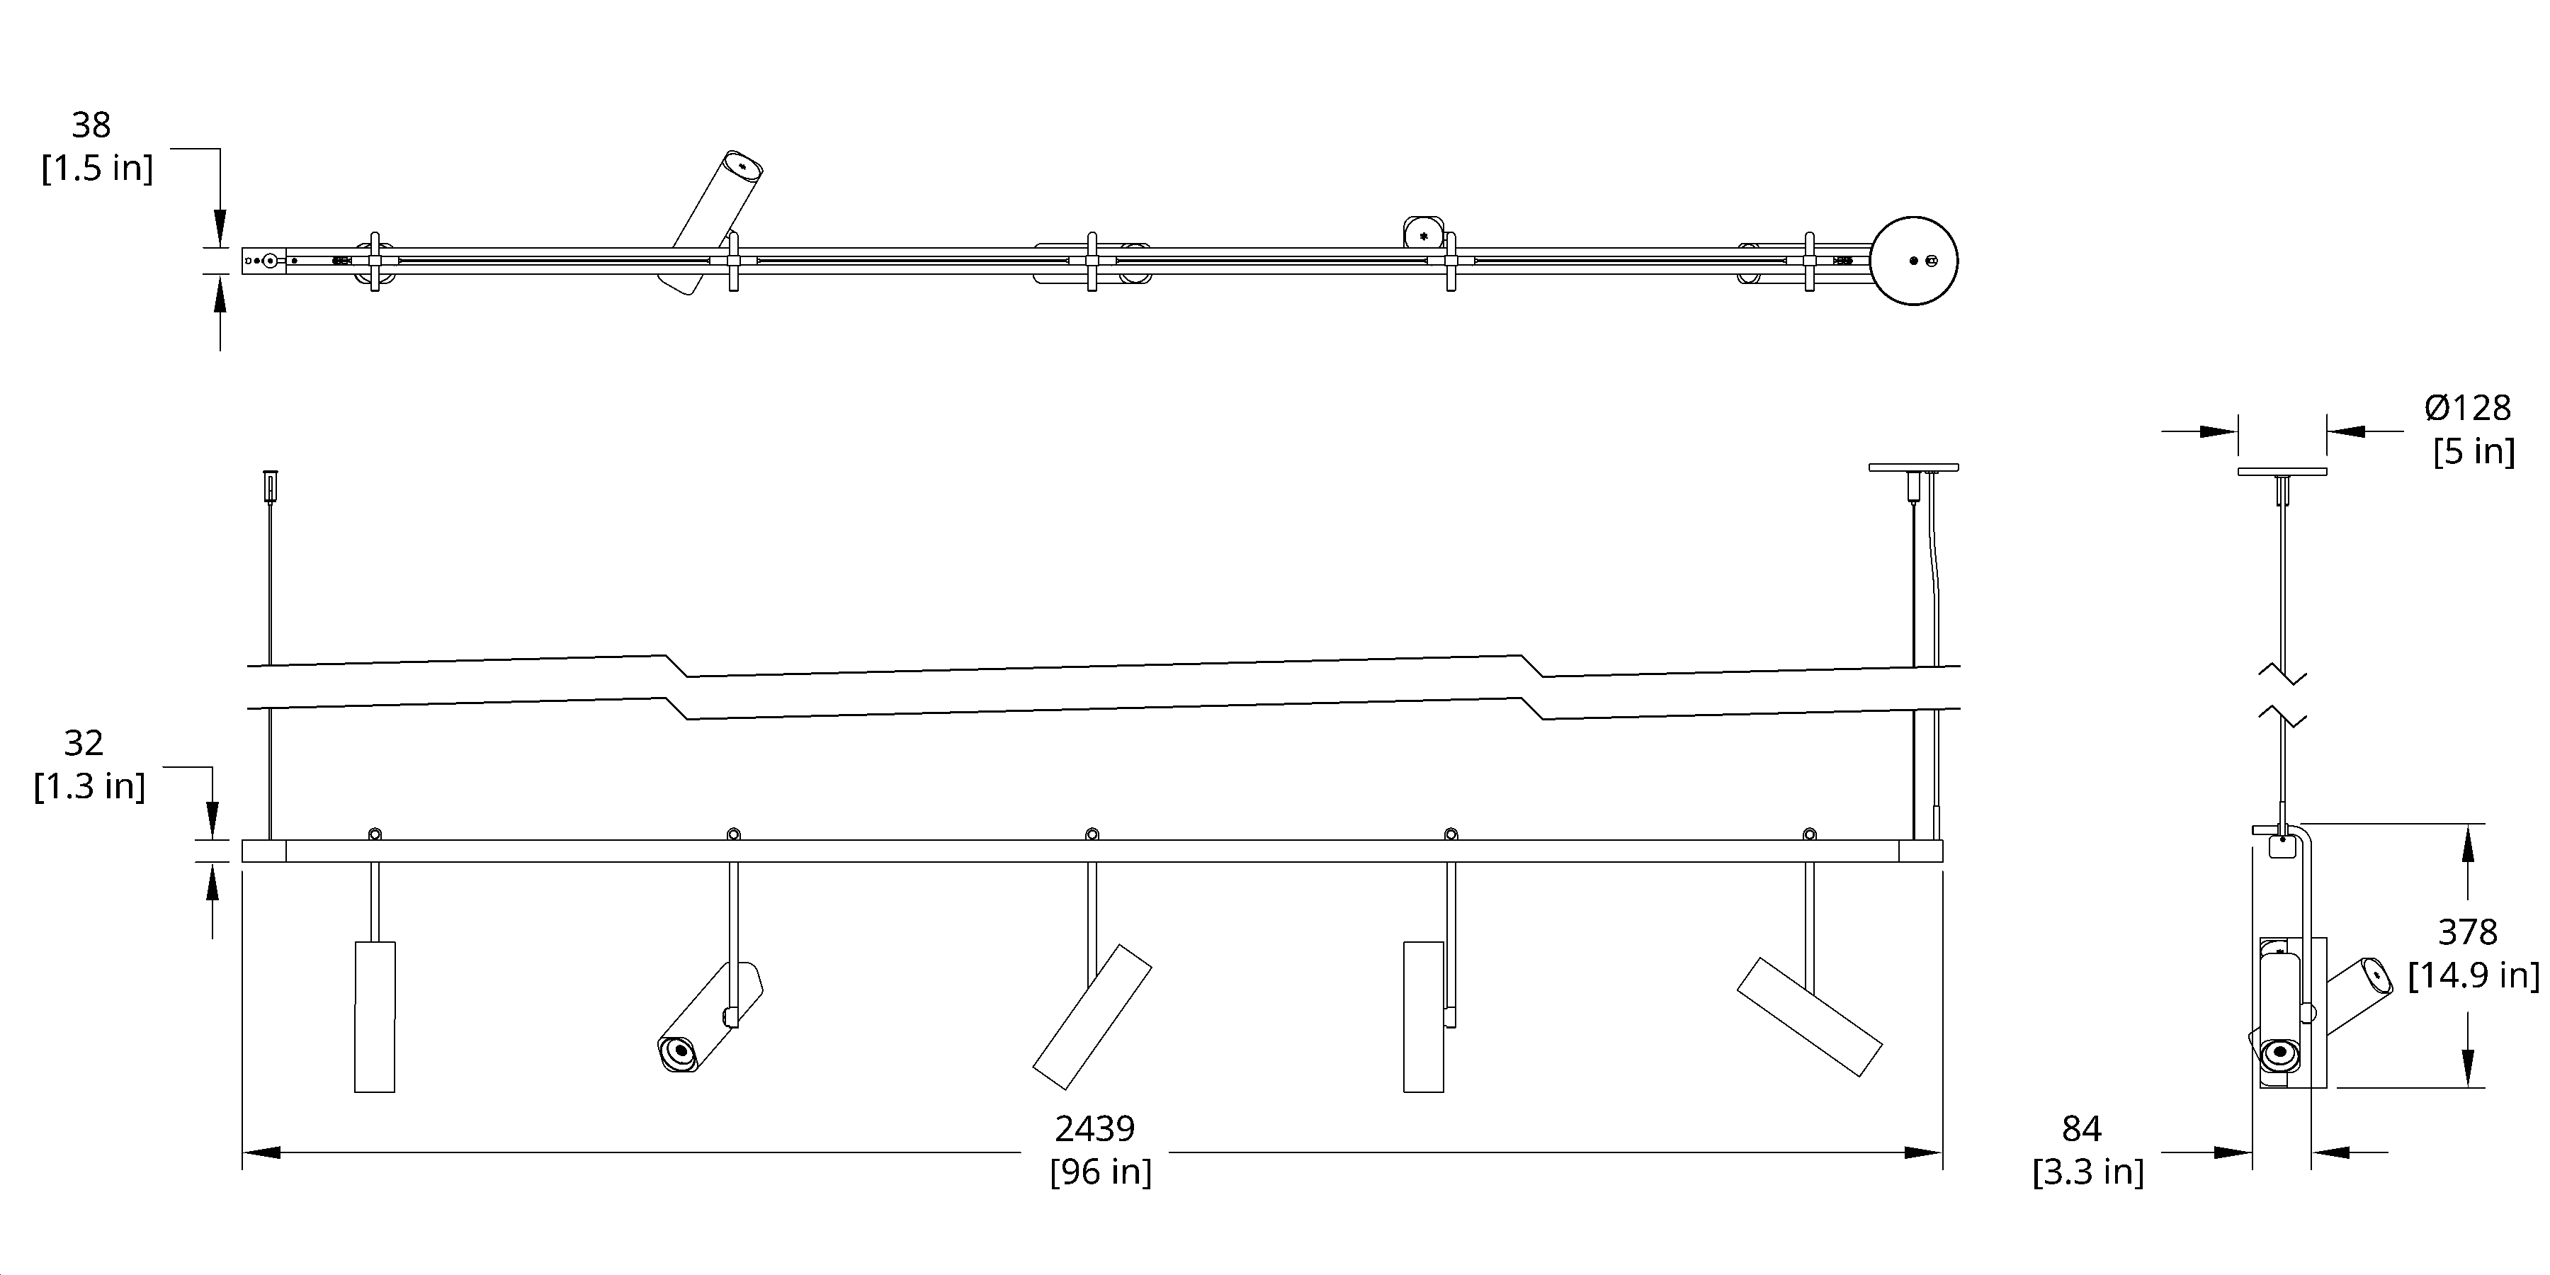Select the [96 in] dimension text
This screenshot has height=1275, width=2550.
pyautogui.click(x=1100, y=1172)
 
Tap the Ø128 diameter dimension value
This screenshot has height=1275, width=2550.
pyautogui.click(x=2467, y=408)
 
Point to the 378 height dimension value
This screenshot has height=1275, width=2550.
pyautogui.click(x=2467, y=931)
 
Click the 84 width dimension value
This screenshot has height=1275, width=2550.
pyautogui.click(x=2081, y=1128)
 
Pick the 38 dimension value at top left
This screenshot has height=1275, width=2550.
pyautogui.click(x=91, y=125)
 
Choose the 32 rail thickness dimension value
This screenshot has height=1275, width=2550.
pyautogui.click(x=83, y=742)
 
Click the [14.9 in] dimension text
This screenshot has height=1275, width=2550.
pyautogui.click(x=2473, y=975)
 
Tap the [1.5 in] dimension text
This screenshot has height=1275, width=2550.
pyautogui.click(x=97, y=169)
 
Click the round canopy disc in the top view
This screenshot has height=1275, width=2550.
pyautogui.click(x=1912, y=261)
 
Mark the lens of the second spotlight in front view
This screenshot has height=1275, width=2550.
pyautogui.click(x=679, y=1050)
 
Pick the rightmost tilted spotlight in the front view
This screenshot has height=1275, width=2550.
pyautogui.click(x=1808, y=1016)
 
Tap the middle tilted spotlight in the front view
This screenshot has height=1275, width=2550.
pyautogui.click(x=1091, y=1016)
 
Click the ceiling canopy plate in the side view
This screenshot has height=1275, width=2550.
pyautogui.click(x=2282, y=471)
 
